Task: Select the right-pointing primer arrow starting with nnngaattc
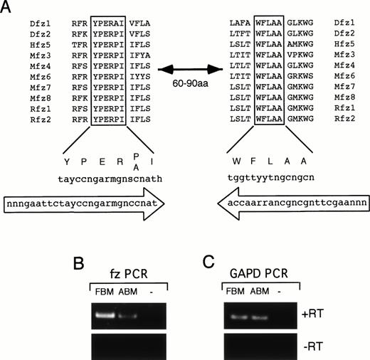[85, 205]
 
